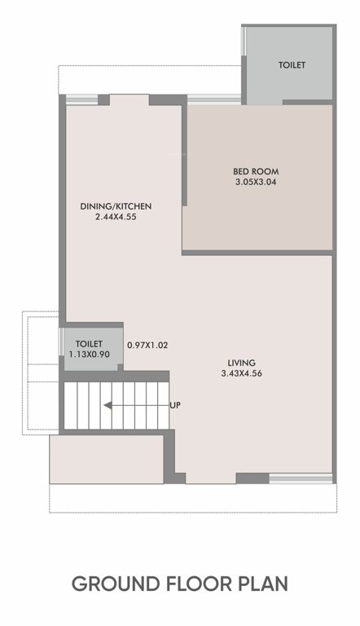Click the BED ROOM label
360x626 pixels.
tap(256, 171)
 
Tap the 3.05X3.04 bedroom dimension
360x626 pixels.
tap(256, 183)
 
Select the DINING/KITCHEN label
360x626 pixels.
tap(116, 206)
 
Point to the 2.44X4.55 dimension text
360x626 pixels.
tap(116, 218)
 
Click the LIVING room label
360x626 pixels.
tap(241, 363)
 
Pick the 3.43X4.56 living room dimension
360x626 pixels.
tap(241, 374)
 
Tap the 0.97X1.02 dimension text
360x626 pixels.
tap(147, 346)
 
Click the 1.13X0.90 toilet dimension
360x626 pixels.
tap(91, 355)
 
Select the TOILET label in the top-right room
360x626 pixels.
tap(292, 64)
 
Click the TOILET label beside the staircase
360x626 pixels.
tap(90, 344)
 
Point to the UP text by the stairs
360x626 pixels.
tap(175, 405)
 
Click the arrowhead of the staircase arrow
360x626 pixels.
tap(105, 405)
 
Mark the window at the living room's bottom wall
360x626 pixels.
tap(301, 478)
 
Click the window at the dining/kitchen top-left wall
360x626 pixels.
tap(81, 99)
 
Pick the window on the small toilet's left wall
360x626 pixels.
tap(61, 342)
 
